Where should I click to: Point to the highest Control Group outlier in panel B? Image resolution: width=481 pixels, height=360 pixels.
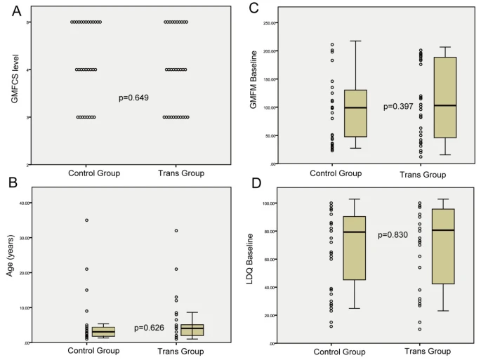click(x=87, y=220)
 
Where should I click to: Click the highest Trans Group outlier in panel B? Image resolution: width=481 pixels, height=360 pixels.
click(x=176, y=231)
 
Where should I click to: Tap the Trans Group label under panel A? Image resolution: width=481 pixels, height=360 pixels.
click(x=177, y=172)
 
